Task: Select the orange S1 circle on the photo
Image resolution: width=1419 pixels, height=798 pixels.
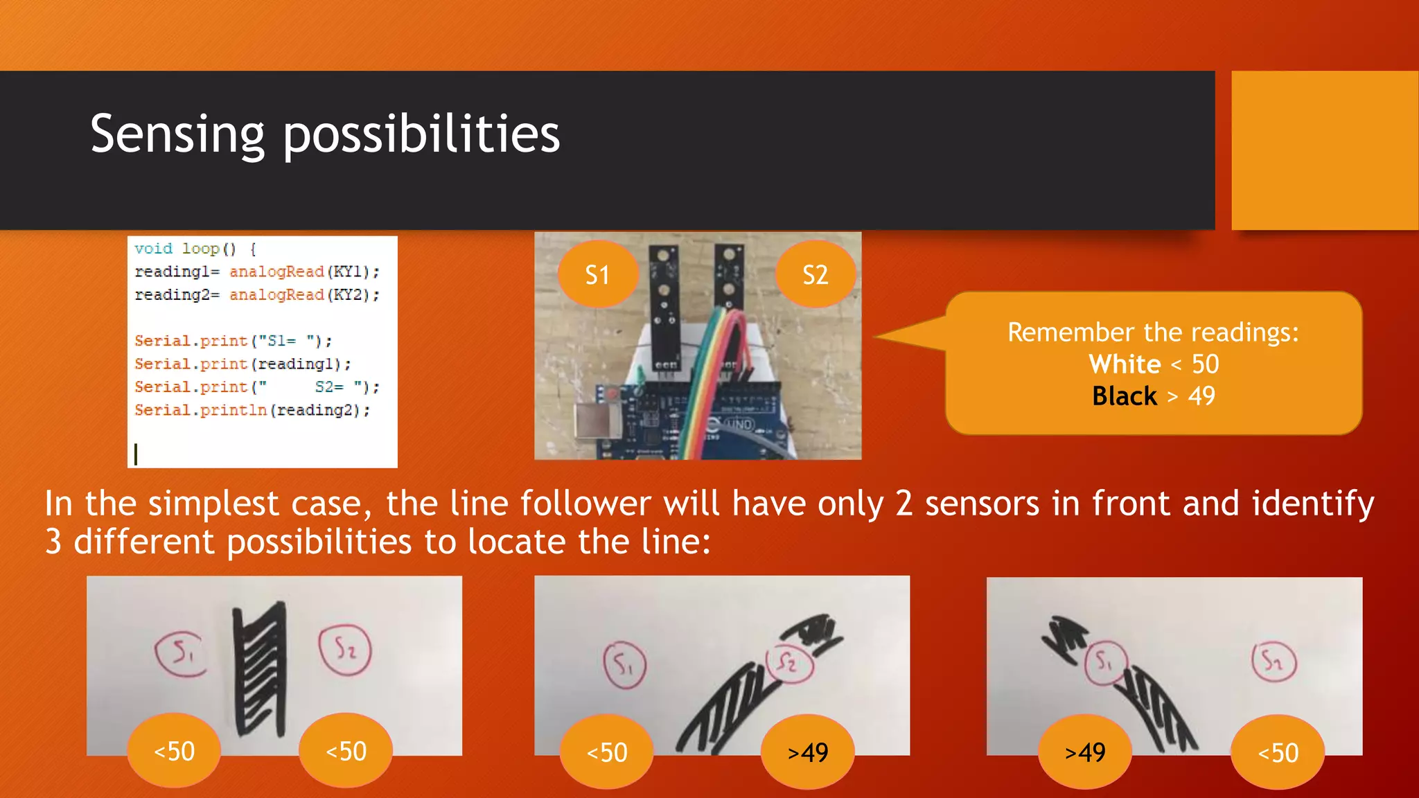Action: [x=597, y=275]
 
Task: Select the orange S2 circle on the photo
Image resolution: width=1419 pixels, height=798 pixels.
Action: [x=816, y=275]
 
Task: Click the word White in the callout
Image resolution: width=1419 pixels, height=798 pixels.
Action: [x=1125, y=364]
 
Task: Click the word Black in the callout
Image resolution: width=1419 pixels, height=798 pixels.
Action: [x=1124, y=396]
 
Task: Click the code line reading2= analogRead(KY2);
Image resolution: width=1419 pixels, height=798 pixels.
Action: [x=257, y=295]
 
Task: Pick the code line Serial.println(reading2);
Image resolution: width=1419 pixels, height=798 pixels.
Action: [x=252, y=410]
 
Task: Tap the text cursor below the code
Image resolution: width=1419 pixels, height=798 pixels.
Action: [x=136, y=454]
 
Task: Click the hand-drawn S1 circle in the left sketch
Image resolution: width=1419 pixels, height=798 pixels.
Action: [x=181, y=653]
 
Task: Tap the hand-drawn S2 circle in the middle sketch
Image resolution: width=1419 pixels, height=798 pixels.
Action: [x=789, y=663]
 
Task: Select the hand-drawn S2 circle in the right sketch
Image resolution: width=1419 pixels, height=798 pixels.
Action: [x=1273, y=662]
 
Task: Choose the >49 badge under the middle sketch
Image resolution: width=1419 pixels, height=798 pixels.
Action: [x=808, y=752]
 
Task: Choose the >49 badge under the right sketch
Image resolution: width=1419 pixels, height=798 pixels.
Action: [x=1085, y=752]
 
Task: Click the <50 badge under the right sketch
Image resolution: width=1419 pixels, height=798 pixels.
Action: [x=1278, y=753]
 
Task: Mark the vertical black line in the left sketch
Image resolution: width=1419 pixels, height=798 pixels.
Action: [x=260, y=668]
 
